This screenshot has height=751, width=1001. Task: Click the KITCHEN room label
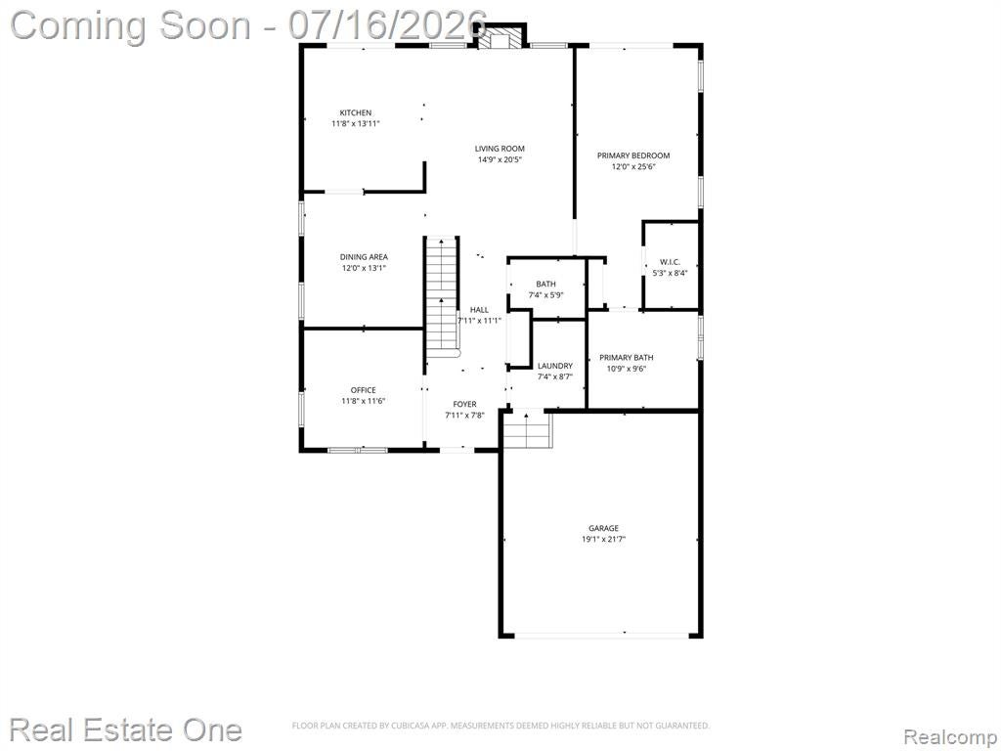click(x=356, y=113)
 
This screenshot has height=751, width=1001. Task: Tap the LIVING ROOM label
click(x=500, y=149)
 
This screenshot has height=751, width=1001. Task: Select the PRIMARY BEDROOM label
click(x=633, y=155)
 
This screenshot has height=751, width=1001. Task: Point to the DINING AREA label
click(x=364, y=257)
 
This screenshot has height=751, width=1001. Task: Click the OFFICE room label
click(x=364, y=390)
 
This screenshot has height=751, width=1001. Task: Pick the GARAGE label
click(x=603, y=528)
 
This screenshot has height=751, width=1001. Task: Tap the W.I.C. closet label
click(x=671, y=262)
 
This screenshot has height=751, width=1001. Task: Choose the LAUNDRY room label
click(x=555, y=366)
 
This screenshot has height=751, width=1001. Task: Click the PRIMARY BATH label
click(x=627, y=358)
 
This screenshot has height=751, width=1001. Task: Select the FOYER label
click(x=464, y=404)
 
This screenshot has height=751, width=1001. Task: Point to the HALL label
click(x=479, y=310)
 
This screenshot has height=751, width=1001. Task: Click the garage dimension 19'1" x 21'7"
click(x=603, y=539)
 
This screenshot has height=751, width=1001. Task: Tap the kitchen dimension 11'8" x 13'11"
click(x=356, y=124)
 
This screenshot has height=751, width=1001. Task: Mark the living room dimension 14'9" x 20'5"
click(x=500, y=159)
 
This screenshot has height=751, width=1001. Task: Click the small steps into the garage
click(x=527, y=429)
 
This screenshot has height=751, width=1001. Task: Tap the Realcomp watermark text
click(x=951, y=737)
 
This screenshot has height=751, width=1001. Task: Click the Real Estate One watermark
click(x=126, y=729)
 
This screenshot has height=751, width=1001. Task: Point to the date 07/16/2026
click(x=387, y=25)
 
